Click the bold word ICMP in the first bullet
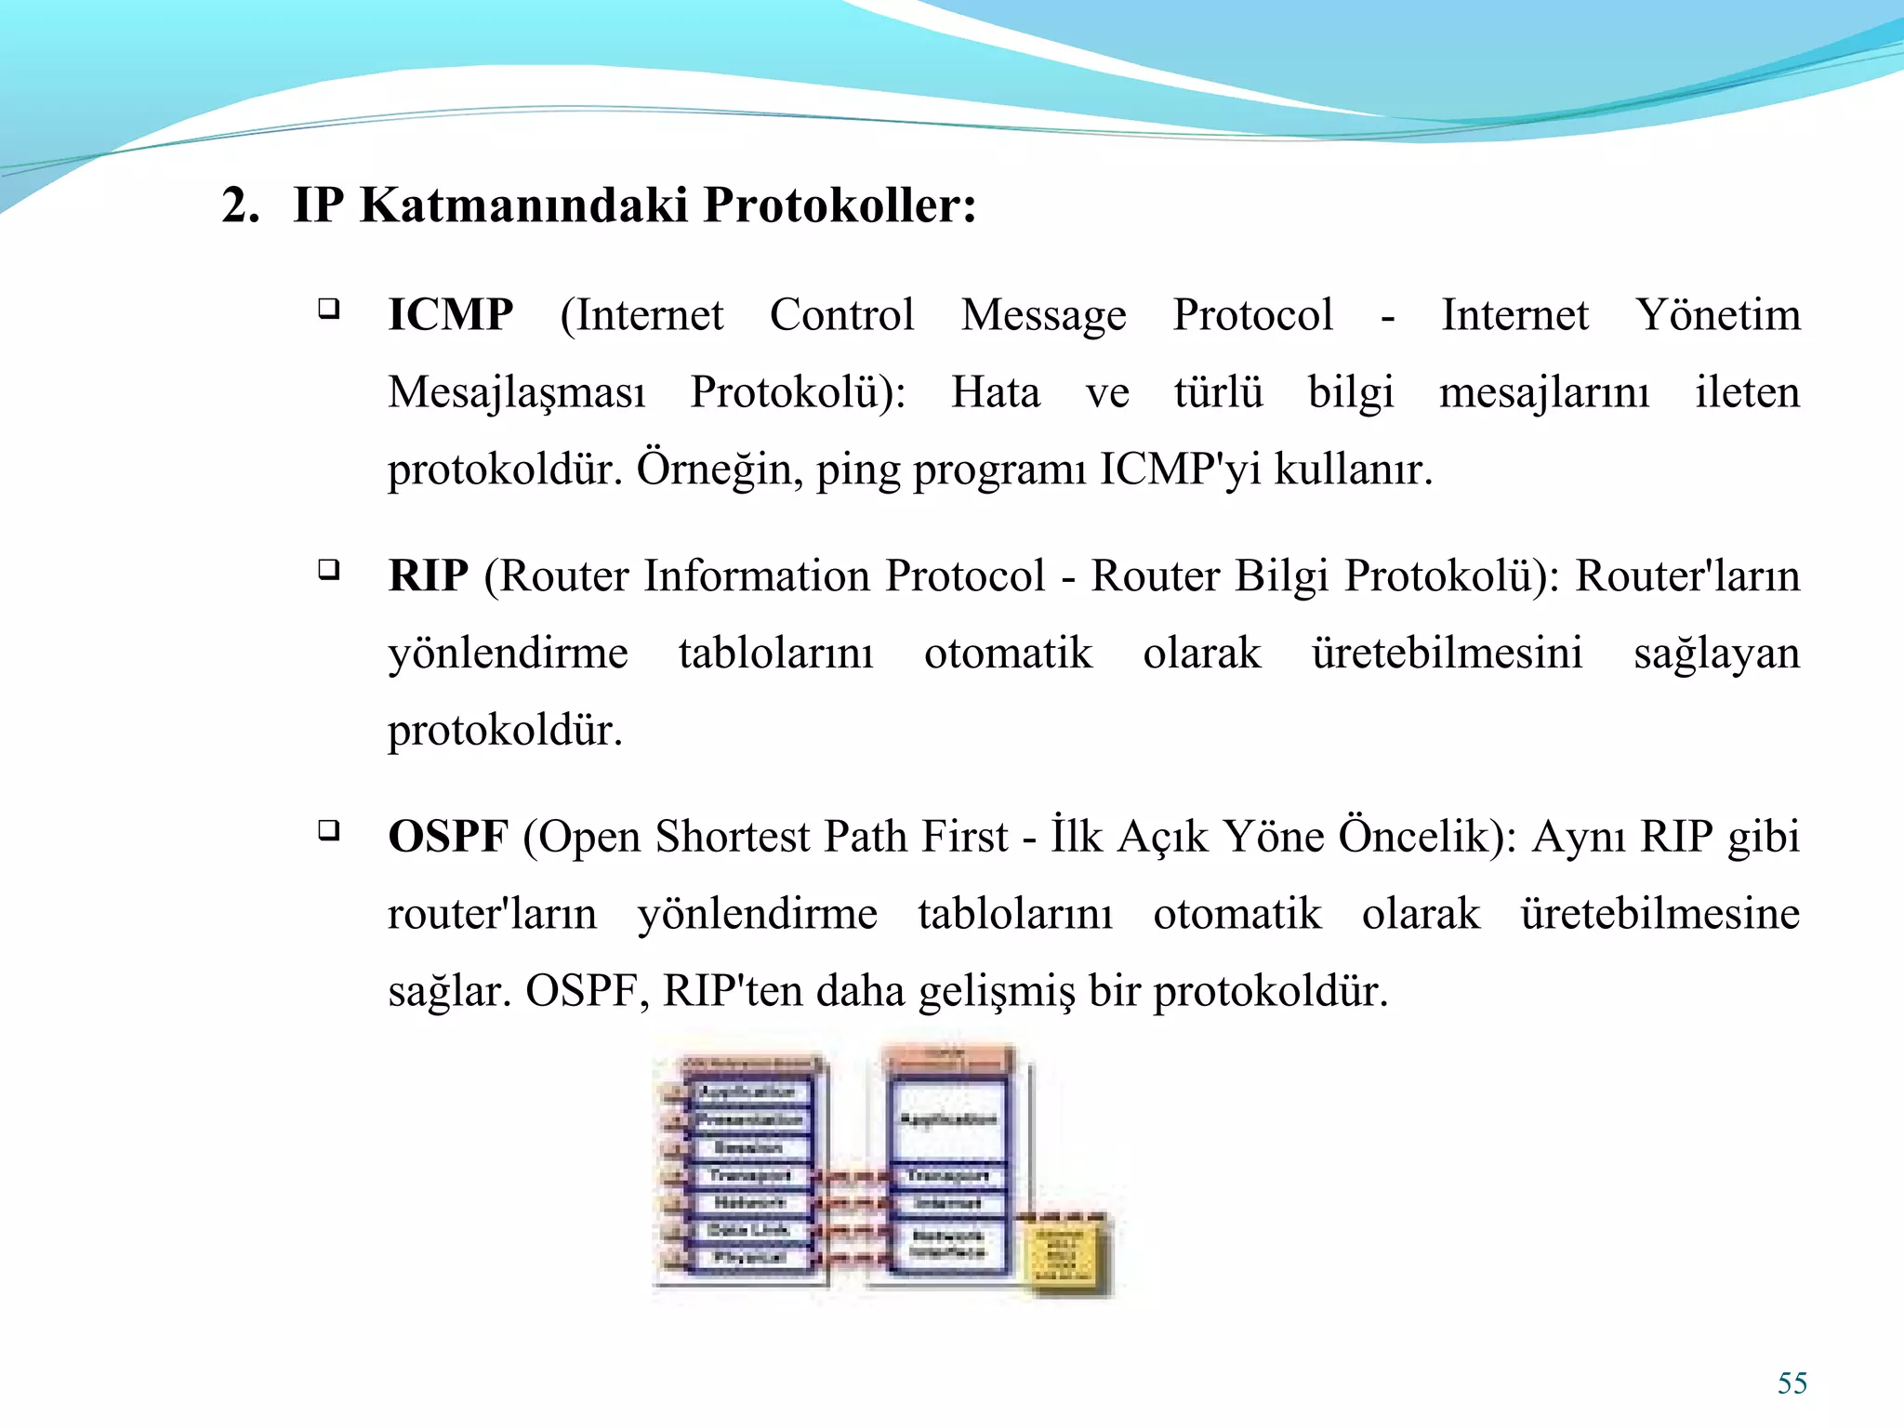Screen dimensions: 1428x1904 tap(450, 315)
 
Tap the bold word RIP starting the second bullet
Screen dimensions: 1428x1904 tap(428, 575)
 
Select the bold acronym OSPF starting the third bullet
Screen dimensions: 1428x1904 tap(448, 837)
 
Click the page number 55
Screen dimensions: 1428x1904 tap(1792, 1383)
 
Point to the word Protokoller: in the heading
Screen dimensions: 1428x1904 tap(840, 205)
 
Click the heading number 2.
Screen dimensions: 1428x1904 tap(240, 205)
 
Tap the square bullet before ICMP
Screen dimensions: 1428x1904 tap(328, 309)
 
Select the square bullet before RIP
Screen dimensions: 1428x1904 tap(328, 569)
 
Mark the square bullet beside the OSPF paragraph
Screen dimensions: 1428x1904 tap(328, 829)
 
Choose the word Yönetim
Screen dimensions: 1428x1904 tap(1718, 315)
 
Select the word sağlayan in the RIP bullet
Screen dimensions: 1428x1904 tap(1716, 654)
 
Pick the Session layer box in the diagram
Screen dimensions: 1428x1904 tap(749, 1147)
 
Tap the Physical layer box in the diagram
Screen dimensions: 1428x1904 tap(749, 1258)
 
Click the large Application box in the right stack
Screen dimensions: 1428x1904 tap(947, 1119)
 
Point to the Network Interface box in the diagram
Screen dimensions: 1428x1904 tap(947, 1244)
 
